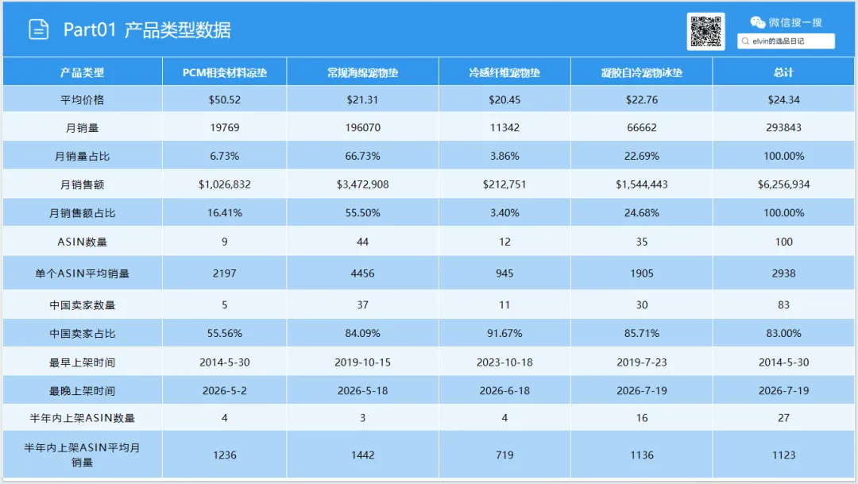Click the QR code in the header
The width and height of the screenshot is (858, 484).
706,31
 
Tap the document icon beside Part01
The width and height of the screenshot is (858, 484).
38,29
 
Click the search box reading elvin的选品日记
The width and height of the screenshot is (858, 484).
786,41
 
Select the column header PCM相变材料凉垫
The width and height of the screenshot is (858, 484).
224,73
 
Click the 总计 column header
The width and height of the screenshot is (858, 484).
783,73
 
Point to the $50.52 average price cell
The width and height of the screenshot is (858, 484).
224,99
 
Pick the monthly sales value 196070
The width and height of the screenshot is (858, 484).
363,128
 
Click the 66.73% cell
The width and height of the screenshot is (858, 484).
362,156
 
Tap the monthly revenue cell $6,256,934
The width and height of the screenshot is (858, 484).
783,184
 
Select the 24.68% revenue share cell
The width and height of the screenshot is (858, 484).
642,213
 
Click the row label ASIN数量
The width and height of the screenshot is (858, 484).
82,242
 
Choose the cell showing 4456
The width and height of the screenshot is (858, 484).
363,273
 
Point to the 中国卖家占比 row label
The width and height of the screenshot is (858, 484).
82,334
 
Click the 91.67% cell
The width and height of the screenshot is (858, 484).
504,334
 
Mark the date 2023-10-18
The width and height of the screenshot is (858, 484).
504,362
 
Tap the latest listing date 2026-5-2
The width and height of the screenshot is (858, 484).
224,391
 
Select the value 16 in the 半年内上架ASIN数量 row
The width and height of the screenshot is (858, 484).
642,418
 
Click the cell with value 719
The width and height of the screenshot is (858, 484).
504,455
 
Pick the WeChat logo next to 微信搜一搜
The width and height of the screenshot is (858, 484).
757,22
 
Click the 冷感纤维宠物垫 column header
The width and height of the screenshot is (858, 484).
504,73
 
